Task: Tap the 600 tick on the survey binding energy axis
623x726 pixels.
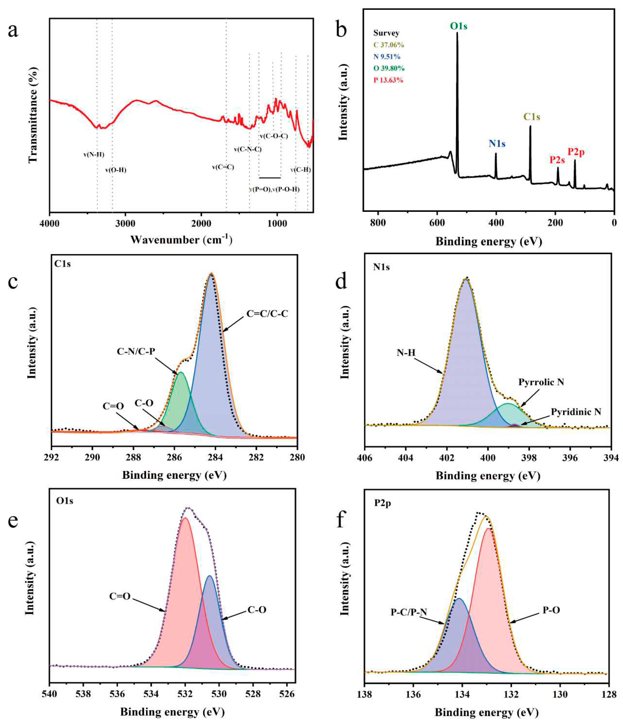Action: coord(437,223)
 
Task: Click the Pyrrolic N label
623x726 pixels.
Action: coord(541,382)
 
